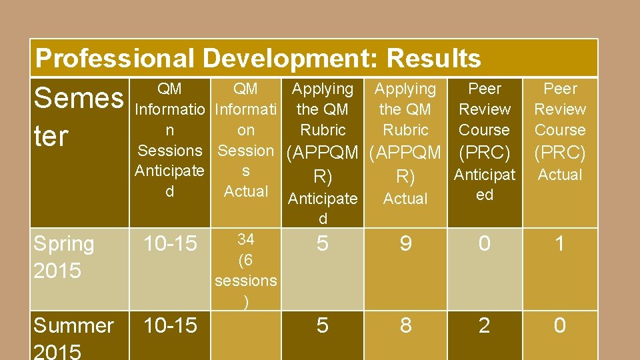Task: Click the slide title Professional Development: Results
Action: [257, 59]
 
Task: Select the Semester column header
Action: [78, 117]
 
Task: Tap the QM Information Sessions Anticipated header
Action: [169, 140]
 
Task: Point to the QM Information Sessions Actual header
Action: [246, 140]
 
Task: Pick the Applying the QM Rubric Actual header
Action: [405, 143]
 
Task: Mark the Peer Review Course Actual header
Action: [560, 131]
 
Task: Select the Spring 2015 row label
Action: [64, 257]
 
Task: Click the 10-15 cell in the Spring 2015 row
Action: [171, 244]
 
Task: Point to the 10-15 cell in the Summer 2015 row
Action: [171, 325]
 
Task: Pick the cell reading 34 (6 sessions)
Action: [246, 270]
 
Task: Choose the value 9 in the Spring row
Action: [405, 244]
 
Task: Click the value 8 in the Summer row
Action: [405, 325]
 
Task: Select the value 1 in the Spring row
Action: [560, 244]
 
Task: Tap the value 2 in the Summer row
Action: [485, 325]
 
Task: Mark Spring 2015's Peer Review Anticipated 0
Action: [485, 244]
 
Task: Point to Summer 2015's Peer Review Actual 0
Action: [560, 325]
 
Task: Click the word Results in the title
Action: [433, 59]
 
